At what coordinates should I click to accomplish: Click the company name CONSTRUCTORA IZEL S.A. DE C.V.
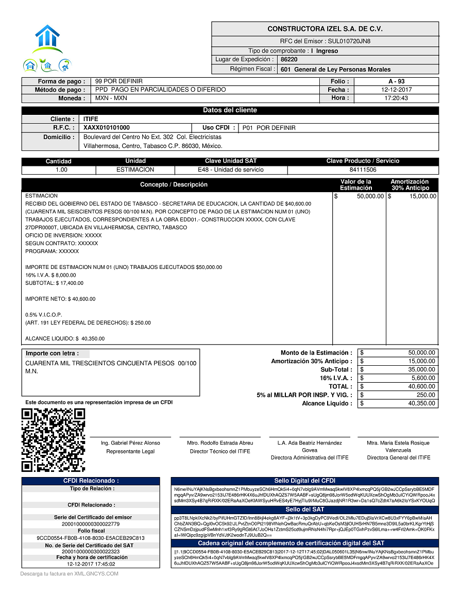click(325, 29)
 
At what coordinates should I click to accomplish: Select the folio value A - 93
click(396, 81)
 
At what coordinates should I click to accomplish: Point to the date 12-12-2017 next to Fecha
click(396, 90)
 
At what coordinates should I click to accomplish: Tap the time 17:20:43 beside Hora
click(396, 98)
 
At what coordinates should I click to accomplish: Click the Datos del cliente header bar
click(230, 110)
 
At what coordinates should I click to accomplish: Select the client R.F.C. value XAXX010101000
click(107, 128)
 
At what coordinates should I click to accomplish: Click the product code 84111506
click(363, 169)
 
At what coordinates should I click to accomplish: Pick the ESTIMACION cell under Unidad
click(135, 169)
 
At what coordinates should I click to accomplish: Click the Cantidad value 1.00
click(61, 169)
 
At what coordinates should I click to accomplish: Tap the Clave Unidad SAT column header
click(230, 161)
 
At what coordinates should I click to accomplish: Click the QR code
click(53, 439)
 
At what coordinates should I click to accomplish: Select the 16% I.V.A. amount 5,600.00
click(422, 378)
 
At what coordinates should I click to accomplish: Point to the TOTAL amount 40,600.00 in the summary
click(422, 386)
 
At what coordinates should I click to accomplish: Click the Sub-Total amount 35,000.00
click(422, 369)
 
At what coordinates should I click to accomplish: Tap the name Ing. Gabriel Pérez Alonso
click(130, 443)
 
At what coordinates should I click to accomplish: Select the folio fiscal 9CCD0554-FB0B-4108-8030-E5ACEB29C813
click(90, 538)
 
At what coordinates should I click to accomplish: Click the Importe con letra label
click(52, 353)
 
